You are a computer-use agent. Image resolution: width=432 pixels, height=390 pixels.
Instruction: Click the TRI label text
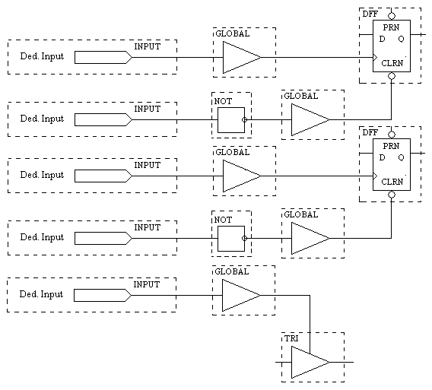click(291, 338)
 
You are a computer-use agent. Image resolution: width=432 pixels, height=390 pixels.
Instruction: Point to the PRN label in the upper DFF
click(391, 27)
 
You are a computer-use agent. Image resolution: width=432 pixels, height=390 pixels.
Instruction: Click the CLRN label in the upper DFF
click(392, 63)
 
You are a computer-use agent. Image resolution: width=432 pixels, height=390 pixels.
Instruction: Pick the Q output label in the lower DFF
click(401, 157)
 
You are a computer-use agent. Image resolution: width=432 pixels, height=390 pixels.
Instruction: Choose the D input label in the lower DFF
click(382, 157)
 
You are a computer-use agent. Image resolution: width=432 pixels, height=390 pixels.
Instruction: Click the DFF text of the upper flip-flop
click(370, 14)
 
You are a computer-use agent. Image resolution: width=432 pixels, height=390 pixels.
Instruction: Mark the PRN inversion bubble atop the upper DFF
click(392, 16)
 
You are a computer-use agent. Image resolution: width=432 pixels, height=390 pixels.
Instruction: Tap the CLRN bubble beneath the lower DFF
click(392, 195)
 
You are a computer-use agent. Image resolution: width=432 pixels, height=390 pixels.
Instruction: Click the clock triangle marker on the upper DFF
click(375, 57)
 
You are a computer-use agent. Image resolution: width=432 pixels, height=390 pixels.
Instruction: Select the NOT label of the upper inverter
click(223, 101)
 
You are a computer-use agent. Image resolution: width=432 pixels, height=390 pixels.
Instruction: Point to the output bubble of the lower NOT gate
click(244, 238)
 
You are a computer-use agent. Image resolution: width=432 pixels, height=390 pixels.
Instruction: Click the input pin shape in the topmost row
click(103, 57)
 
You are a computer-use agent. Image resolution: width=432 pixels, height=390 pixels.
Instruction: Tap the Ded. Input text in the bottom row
click(41, 294)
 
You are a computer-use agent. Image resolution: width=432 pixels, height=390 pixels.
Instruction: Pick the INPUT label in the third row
click(147, 165)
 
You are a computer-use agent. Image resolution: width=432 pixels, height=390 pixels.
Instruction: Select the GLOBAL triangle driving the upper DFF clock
click(242, 57)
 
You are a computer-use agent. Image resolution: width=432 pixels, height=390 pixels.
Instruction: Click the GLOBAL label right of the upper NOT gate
click(301, 96)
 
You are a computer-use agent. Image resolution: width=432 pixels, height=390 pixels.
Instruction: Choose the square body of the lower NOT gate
click(231, 239)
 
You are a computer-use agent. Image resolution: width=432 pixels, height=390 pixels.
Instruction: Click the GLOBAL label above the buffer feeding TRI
click(232, 272)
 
